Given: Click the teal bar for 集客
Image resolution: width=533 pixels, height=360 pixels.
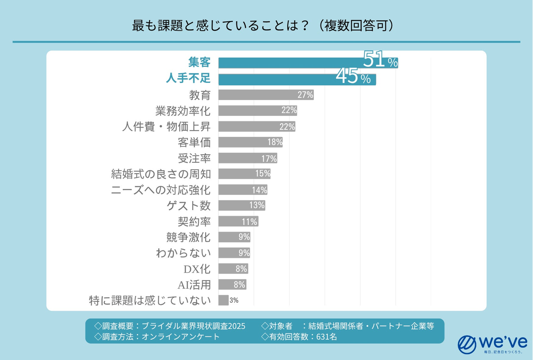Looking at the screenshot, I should click(x=289, y=63).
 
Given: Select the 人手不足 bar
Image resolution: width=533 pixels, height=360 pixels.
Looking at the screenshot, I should click(x=278, y=79).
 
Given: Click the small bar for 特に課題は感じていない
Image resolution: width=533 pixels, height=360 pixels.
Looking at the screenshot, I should click(x=223, y=300).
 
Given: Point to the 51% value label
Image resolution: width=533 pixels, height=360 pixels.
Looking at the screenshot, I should click(x=380, y=60).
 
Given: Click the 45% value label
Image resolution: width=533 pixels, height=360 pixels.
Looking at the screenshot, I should click(x=353, y=77).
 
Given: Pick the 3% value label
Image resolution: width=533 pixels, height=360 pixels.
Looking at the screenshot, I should click(x=234, y=300).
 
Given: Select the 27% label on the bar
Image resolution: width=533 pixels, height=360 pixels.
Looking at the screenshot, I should click(x=305, y=95).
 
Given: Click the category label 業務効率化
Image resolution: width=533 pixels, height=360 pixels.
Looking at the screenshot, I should click(x=183, y=111).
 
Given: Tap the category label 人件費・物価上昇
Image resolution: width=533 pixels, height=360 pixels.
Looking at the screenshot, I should click(x=166, y=127).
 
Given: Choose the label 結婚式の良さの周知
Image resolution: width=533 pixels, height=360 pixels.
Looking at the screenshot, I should click(x=161, y=174).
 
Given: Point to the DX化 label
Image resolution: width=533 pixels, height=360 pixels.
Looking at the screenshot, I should click(x=197, y=269).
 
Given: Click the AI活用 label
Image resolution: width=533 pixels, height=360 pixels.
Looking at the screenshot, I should click(x=194, y=285).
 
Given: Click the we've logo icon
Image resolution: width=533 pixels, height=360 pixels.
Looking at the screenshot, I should click(x=467, y=344).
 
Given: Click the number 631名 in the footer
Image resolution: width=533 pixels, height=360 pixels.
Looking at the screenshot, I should click(x=326, y=337).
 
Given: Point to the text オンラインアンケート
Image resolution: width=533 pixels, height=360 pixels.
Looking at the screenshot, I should click(x=181, y=337).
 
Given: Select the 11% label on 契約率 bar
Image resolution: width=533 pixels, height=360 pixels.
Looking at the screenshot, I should click(x=249, y=222).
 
